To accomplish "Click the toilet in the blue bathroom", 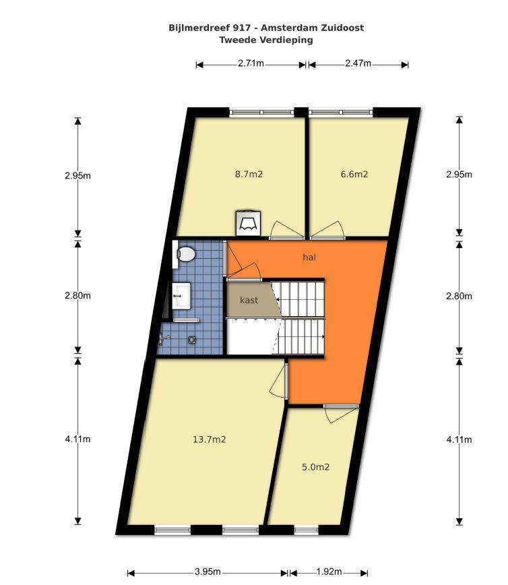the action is tap(186, 254).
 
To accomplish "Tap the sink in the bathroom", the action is tap(182, 295).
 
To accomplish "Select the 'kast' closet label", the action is tap(249, 300).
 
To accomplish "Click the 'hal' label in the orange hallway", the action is tap(309, 257).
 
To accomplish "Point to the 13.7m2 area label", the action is tap(210, 439).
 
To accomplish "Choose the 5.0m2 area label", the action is tap(315, 467).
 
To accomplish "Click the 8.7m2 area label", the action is tap(249, 174).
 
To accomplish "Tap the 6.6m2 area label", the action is tap(354, 174).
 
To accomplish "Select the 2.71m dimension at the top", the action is tap(251, 63).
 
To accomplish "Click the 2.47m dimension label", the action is tap(358, 63).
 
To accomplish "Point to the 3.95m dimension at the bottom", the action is tap(208, 572).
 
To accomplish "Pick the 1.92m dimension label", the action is tap(329, 572).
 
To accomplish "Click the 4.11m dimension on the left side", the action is tap(77, 439).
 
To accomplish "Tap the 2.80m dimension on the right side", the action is tap(459, 297).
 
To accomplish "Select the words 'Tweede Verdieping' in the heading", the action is tap(266, 40).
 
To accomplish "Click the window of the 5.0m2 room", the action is tap(307, 530).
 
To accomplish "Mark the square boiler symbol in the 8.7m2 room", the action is tap(248, 224).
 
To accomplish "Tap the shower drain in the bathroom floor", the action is tap(192, 340).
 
